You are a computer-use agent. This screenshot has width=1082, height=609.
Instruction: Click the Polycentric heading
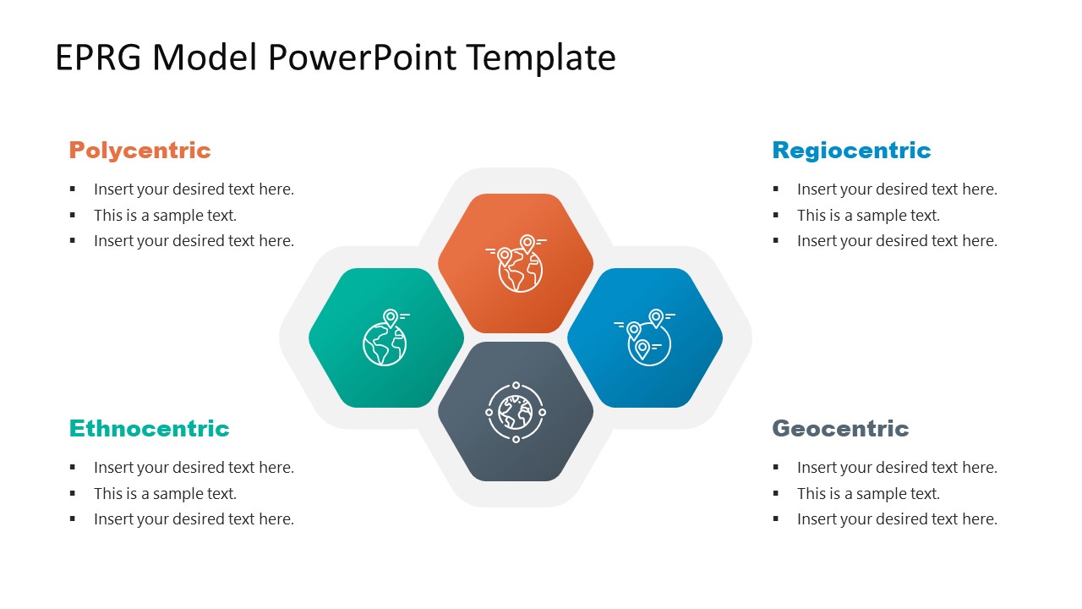tap(139, 151)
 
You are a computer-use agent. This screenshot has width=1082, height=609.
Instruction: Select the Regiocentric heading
tap(851, 151)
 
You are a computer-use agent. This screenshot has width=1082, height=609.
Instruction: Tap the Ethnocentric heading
tap(150, 428)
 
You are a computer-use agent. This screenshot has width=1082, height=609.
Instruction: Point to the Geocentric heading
tap(840, 428)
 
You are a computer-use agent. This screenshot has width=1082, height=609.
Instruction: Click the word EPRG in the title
tap(98, 58)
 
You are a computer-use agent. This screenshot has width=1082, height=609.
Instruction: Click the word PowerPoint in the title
tap(362, 58)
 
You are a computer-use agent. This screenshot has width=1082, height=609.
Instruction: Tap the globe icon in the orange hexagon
tap(516, 263)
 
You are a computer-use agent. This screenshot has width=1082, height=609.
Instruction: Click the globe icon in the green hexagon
tap(386, 337)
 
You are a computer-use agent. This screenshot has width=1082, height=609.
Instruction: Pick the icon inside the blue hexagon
tap(645, 337)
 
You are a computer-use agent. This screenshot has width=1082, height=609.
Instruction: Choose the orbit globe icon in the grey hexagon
tap(516, 412)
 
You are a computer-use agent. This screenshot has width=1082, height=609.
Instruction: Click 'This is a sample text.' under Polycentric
tap(165, 215)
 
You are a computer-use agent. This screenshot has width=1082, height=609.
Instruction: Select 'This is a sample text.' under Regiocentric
tap(868, 215)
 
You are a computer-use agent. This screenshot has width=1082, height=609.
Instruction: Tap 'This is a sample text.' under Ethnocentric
tap(165, 493)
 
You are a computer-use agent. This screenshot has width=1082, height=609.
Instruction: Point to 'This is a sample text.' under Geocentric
tap(868, 493)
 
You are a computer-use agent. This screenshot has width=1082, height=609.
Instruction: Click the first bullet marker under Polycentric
tap(73, 189)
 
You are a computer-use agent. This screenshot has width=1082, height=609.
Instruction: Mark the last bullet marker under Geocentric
tap(776, 519)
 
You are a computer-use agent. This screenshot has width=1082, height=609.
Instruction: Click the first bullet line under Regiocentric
tap(897, 189)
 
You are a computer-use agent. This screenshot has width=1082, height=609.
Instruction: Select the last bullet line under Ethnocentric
tap(194, 519)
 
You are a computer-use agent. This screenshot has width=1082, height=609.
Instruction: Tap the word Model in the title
tap(205, 58)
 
